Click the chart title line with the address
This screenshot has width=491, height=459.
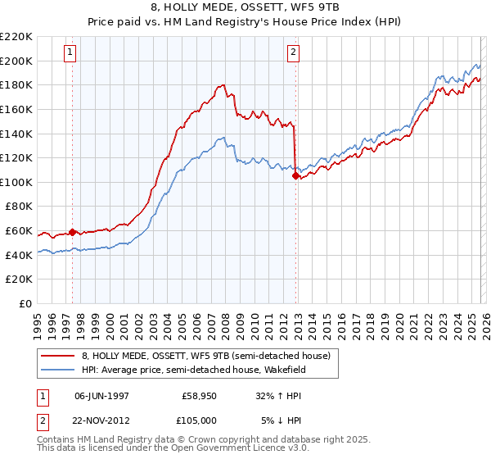(x=245, y=7)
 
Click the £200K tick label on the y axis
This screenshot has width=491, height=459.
(x=16, y=61)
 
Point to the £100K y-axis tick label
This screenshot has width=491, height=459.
(x=16, y=182)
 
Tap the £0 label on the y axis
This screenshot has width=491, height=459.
(x=24, y=303)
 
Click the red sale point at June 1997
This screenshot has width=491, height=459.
(x=72, y=232)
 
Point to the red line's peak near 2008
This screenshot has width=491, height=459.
(x=223, y=84)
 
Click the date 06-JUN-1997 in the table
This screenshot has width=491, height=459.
(x=102, y=395)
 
